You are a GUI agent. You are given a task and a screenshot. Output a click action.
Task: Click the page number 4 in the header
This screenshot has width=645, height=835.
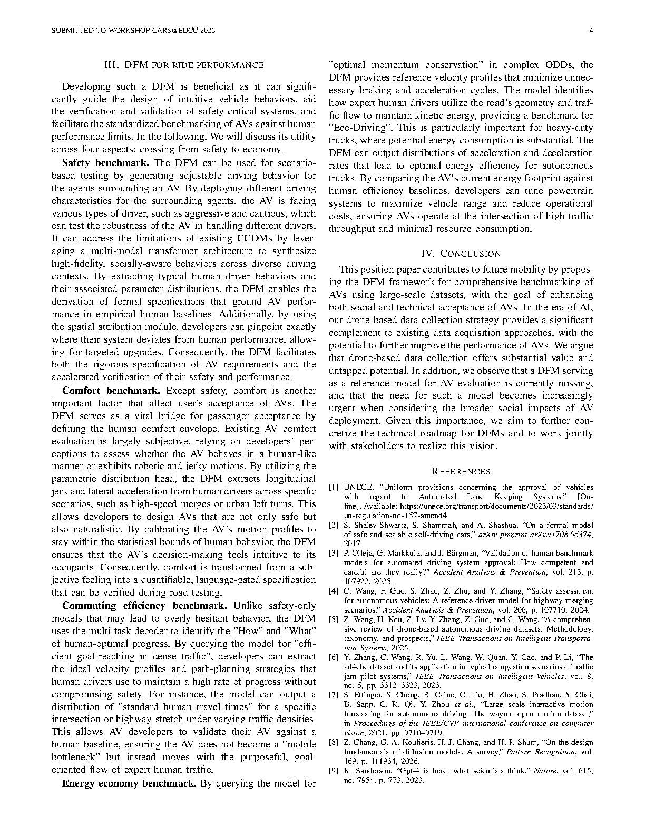(x=591, y=31)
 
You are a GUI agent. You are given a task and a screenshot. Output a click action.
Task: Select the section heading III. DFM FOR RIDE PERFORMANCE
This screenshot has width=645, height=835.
(x=184, y=65)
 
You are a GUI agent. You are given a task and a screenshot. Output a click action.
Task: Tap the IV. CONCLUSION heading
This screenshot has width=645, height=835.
(x=461, y=254)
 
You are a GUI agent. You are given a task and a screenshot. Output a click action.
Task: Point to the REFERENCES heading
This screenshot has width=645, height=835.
(x=461, y=471)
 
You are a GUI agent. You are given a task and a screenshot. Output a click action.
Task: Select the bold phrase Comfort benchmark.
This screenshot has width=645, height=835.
(x=111, y=391)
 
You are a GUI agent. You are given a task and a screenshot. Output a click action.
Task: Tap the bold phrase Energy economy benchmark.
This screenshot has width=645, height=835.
(x=129, y=783)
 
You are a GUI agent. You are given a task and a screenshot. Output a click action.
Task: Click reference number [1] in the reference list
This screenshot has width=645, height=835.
(x=334, y=487)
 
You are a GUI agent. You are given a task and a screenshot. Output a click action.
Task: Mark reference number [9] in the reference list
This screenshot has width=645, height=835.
(x=334, y=771)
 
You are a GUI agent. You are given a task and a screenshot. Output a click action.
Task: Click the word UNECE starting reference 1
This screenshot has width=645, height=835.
(x=355, y=487)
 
